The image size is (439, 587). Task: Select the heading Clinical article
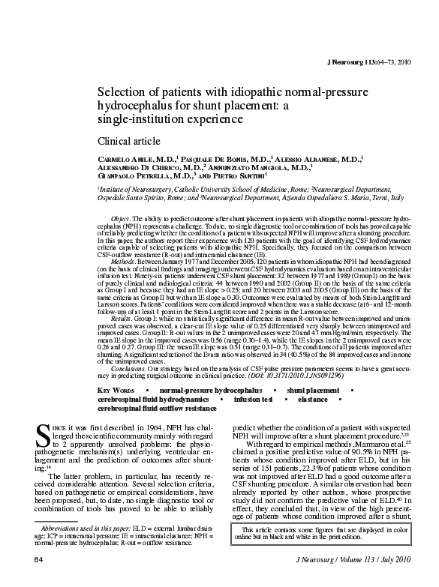pos(129,141)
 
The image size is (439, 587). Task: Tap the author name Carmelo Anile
pos(132,160)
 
